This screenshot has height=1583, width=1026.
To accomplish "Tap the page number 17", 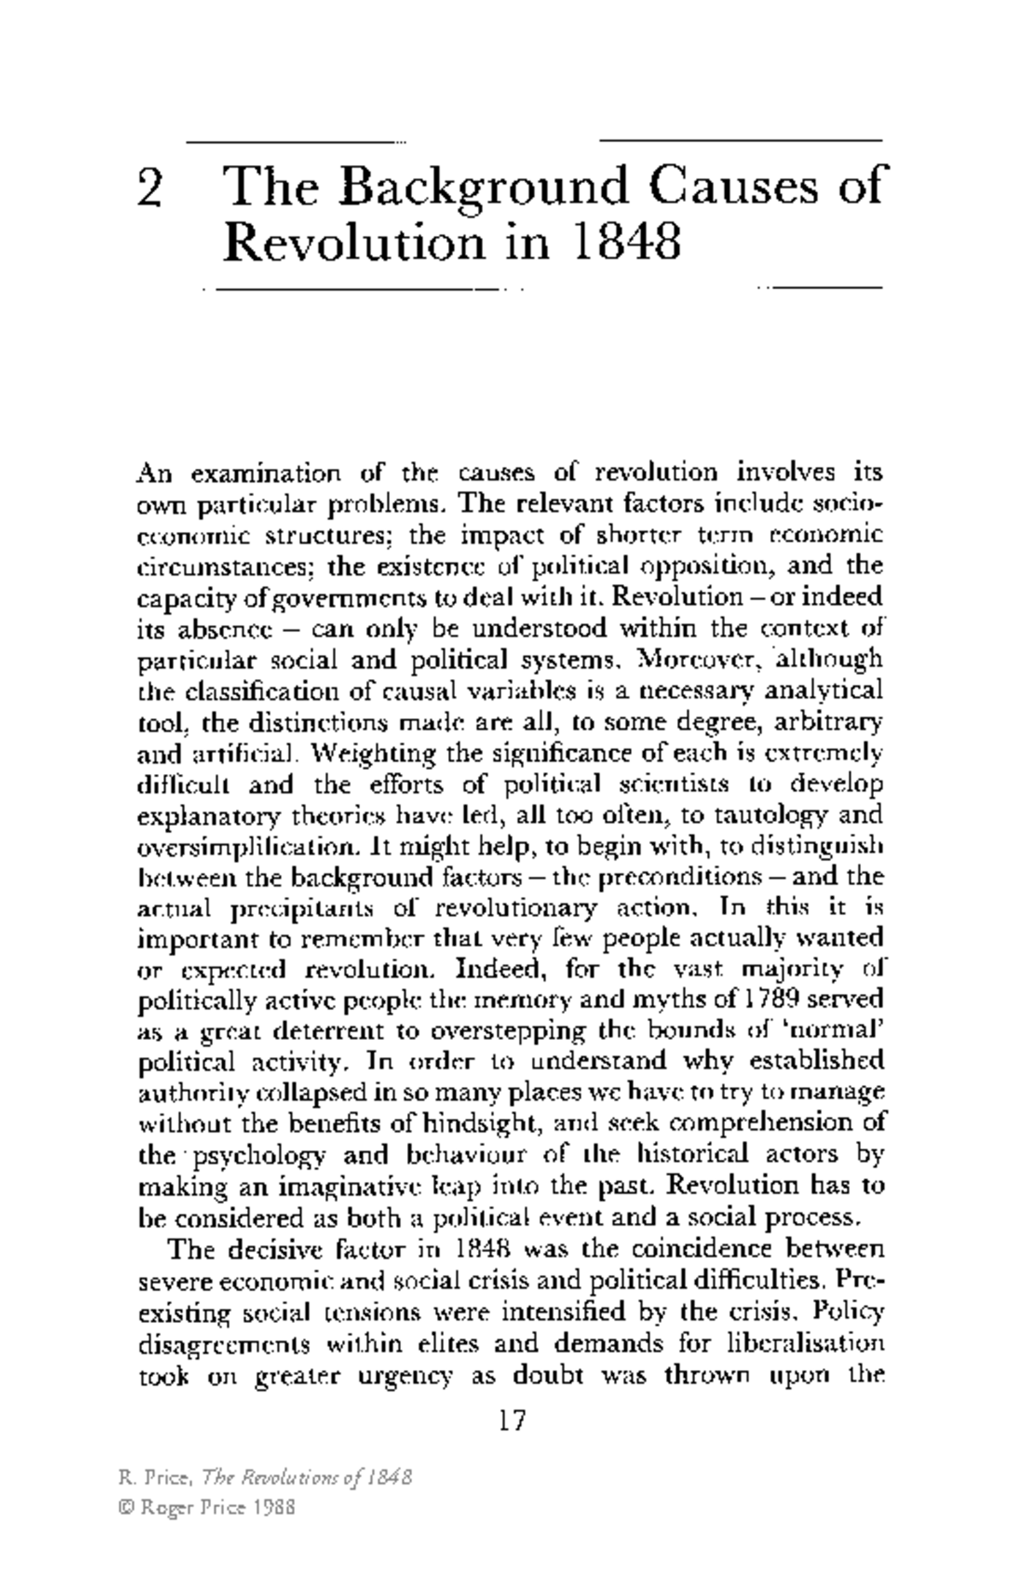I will pyautogui.click(x=511, y=1421).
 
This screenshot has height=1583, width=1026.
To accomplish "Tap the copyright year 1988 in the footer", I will pyautogui.click(x=274, y=1509).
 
